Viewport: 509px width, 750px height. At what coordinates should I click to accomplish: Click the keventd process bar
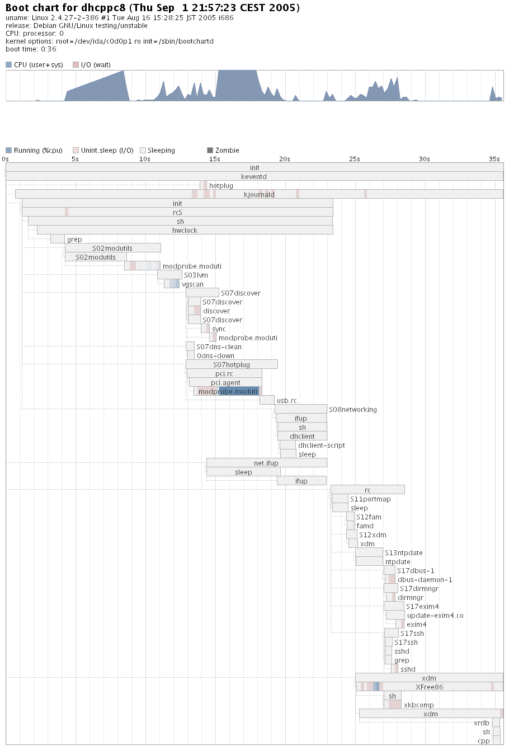[x=254, y=176]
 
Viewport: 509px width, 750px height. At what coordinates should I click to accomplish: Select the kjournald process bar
[x=259, y=194]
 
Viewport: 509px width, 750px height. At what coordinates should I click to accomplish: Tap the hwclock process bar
[x=185, y=230]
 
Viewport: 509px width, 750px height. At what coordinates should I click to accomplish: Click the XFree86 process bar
[x=429, y=687]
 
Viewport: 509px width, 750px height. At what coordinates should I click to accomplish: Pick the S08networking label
[x=352, y=409]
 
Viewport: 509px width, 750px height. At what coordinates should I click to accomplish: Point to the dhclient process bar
[x=302, y=436]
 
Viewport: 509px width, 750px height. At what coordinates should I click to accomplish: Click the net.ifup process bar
[x=266, y=463]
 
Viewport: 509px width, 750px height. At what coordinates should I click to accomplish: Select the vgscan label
[x=192, y=284]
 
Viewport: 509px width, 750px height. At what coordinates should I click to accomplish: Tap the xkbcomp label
[x=418, y=705]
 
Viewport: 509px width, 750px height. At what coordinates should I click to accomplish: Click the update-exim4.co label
[x=435, y=615]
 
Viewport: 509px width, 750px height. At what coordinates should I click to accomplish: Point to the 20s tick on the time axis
[x=284, y=159]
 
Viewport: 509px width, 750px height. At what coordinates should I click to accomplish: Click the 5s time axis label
[x=75, y=159]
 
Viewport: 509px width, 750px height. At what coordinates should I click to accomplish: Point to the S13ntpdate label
[x=403, y=552]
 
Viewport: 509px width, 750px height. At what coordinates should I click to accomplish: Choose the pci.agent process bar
[x=225, y=382]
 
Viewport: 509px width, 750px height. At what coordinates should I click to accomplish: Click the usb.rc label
[x=286, y=400]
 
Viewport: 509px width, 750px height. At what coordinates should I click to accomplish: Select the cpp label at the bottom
[x=483, y=740]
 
